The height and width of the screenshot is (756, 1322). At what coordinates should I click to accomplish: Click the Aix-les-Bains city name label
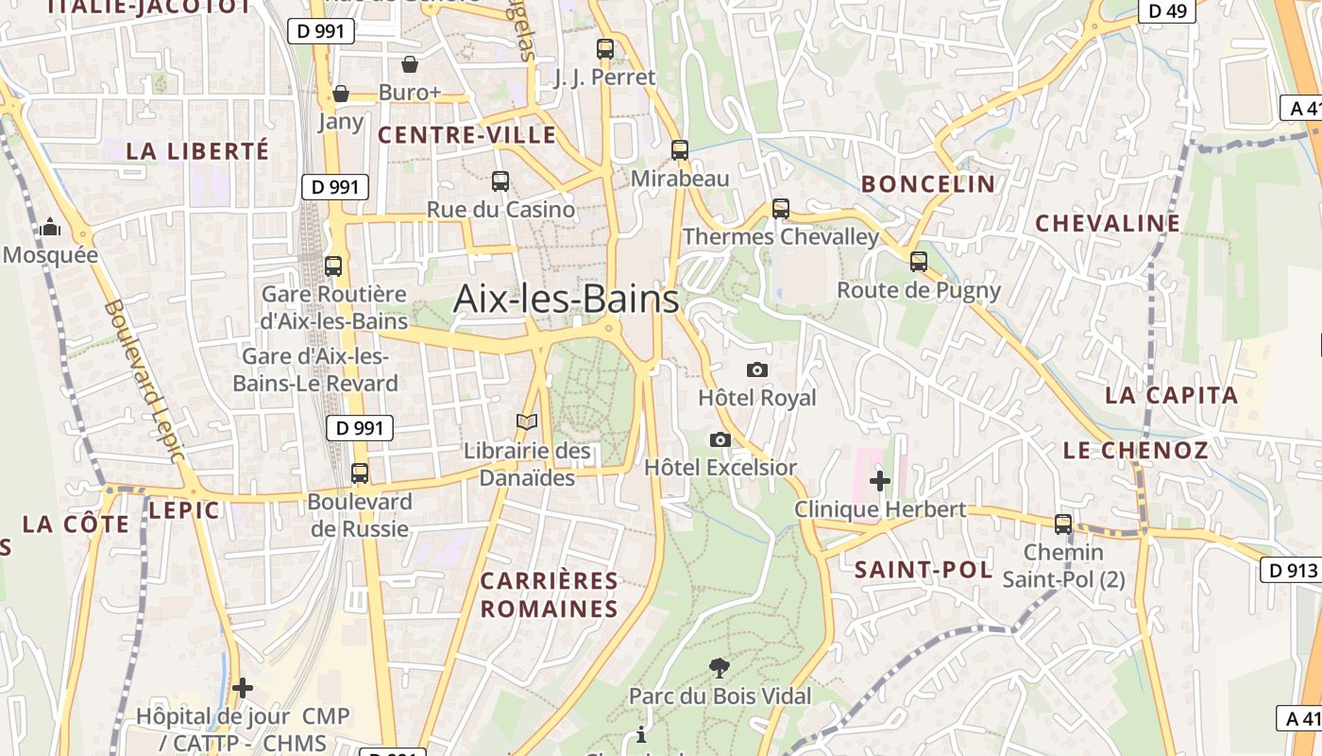(x=566, y=299)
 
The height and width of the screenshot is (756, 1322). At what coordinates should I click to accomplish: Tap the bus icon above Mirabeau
(x=679, y=149)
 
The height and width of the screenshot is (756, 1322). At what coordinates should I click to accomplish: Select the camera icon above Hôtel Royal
(x=756, y=369)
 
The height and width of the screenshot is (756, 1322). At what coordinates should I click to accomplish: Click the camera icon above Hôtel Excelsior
(x=720, y=439)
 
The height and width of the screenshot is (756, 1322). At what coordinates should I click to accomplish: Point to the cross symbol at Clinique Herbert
(x=879, y=481)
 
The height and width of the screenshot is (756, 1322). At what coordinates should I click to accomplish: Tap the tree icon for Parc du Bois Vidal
(x=719, y=668)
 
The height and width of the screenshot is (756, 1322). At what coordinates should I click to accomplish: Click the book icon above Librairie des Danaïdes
(x=526, y=422)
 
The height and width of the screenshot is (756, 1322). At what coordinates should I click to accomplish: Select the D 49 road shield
(x=1167, y=10)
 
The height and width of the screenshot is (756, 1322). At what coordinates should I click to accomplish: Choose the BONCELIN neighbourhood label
(x=928, y=184)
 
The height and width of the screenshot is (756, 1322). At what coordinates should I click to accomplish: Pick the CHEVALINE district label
(x=1108, y=224)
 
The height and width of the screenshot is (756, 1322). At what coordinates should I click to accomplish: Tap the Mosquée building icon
(x=50, y=228)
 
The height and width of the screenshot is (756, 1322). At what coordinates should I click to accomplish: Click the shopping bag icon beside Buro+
(x=409, y=64)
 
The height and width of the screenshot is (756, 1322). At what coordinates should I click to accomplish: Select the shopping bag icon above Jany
(x=341, y=94)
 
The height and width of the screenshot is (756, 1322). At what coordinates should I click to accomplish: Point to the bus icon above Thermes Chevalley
(x=780, y=209)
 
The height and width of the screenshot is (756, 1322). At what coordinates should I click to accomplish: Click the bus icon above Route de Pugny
(x=918, y=262)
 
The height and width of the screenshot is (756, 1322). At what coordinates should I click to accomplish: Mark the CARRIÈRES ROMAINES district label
(x=549, y=594)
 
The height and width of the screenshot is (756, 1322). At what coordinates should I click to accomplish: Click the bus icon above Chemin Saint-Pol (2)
(x=1062, y=524)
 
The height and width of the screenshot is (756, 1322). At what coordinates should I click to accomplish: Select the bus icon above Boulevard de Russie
(x=359, y=473)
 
